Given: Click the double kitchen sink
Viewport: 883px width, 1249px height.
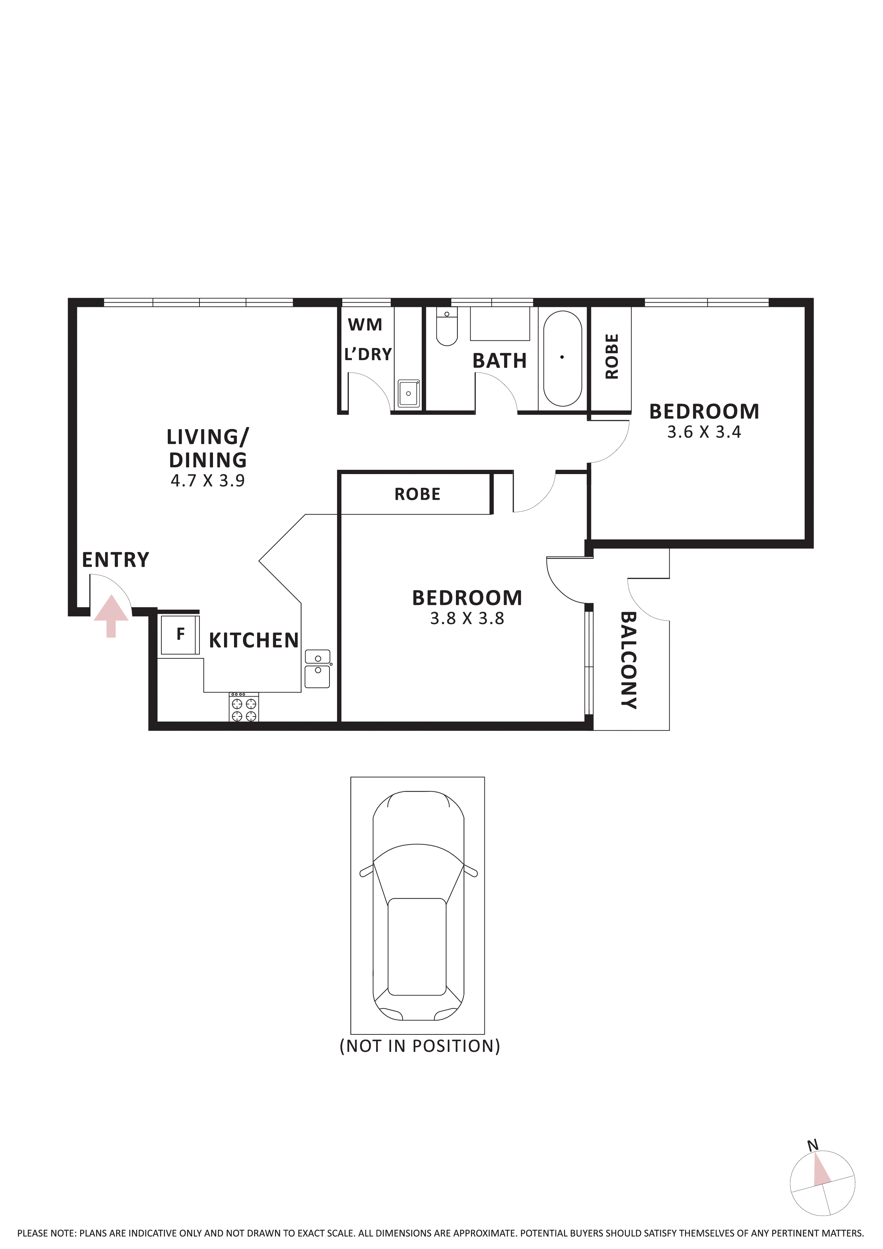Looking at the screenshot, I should tap(317, 669).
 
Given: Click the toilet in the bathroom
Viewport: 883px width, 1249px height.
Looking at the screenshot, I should tap(447, 328).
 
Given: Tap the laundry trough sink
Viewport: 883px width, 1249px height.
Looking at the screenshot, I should tap(408, 393).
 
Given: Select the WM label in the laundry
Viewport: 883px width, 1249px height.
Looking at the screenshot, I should tap(365, 325).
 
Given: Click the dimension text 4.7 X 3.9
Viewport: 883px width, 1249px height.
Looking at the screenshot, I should tap(208, 481).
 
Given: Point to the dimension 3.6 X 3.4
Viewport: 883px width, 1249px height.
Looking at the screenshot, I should tap(704, 432).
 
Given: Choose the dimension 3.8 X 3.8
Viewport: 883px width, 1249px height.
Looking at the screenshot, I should tap(467, 618).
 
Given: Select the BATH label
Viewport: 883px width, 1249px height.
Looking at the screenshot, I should tap(499, 361).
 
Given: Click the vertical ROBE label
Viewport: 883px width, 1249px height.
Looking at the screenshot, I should tap(612, 356).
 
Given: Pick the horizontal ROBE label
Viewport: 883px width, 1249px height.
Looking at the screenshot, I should tap(417, 494).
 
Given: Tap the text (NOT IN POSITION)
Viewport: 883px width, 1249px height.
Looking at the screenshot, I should tap(420, 1046).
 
